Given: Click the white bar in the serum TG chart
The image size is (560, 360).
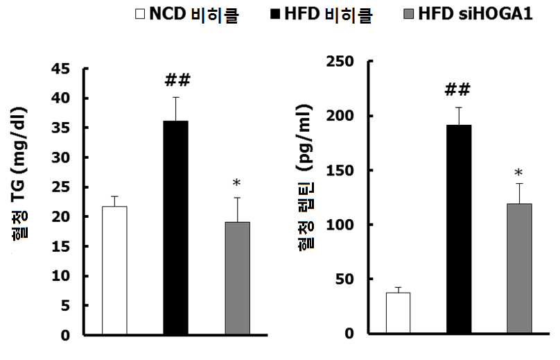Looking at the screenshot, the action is (x=114, y=271).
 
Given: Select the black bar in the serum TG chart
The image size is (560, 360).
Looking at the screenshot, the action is (x=176, y=228).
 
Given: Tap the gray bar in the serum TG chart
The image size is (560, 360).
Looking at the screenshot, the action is (x=238, y=278).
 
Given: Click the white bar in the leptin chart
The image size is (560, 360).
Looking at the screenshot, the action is (x=399, y=313).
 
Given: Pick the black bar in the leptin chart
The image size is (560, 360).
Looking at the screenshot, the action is (x=459, y=229).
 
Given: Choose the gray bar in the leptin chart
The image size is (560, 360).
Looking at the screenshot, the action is (x=519, y=269).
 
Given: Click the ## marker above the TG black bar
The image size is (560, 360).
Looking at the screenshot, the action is (x=177, y=80).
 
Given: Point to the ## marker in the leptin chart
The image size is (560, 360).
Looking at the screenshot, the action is (x=457, y=89).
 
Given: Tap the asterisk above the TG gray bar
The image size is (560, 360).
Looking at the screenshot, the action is (x=237, y=182).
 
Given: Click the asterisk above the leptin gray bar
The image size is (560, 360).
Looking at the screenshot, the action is (x=518, y=173).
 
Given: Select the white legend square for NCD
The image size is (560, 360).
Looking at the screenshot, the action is (x=140, y=15).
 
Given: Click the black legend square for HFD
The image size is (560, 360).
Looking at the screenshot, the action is (x=275, y=15).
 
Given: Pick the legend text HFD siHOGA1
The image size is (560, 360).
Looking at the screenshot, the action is (x=475, y=14).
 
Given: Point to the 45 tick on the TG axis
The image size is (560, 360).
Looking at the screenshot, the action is (x=61, y=69).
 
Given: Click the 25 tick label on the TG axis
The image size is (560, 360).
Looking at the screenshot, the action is (x=61, y=187).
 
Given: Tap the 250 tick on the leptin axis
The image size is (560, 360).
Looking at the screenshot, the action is (x=340, y=62).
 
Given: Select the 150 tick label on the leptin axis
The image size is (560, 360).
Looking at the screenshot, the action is (x=340, y=170).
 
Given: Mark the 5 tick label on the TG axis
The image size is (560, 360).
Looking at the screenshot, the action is (x=65, y=306).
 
